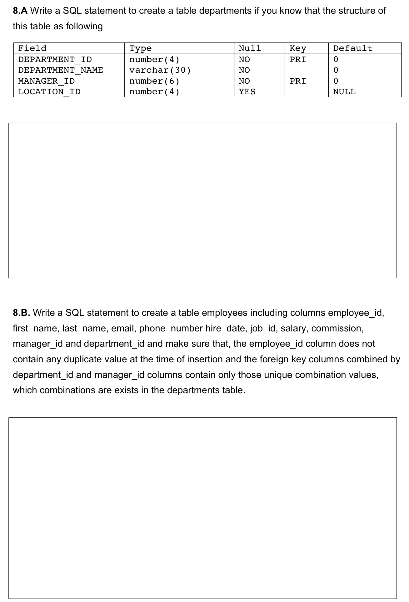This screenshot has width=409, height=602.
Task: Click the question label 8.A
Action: (20, 11)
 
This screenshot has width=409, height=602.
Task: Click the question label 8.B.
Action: (21, 313)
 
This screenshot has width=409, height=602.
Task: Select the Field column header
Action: (32, 48)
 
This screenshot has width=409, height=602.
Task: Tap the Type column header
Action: (140, 48)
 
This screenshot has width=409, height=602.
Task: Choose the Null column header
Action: (249, 48)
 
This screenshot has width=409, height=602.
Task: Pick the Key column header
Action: (297, 48)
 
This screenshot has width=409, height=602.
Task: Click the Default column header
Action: (352, 48)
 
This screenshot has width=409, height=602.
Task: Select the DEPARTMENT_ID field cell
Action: (55, 59)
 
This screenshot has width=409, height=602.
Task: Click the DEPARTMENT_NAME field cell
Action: (60, 70)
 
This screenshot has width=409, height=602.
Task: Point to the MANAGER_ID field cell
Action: (46, 81)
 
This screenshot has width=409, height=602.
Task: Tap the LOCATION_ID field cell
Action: (49, 92)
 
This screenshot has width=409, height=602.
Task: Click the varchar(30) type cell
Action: (160, 70)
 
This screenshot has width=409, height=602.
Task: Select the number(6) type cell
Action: (154, 81)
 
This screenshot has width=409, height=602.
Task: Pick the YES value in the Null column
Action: (247, 92)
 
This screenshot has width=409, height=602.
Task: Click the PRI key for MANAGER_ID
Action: (297, 81)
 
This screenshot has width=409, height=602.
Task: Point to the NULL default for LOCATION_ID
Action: (344, 92)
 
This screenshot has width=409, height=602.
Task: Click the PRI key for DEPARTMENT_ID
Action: (297, 59)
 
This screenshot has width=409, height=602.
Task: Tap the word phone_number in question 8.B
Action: (171, 329)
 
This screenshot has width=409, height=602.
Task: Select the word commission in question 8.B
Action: (337, 329)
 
